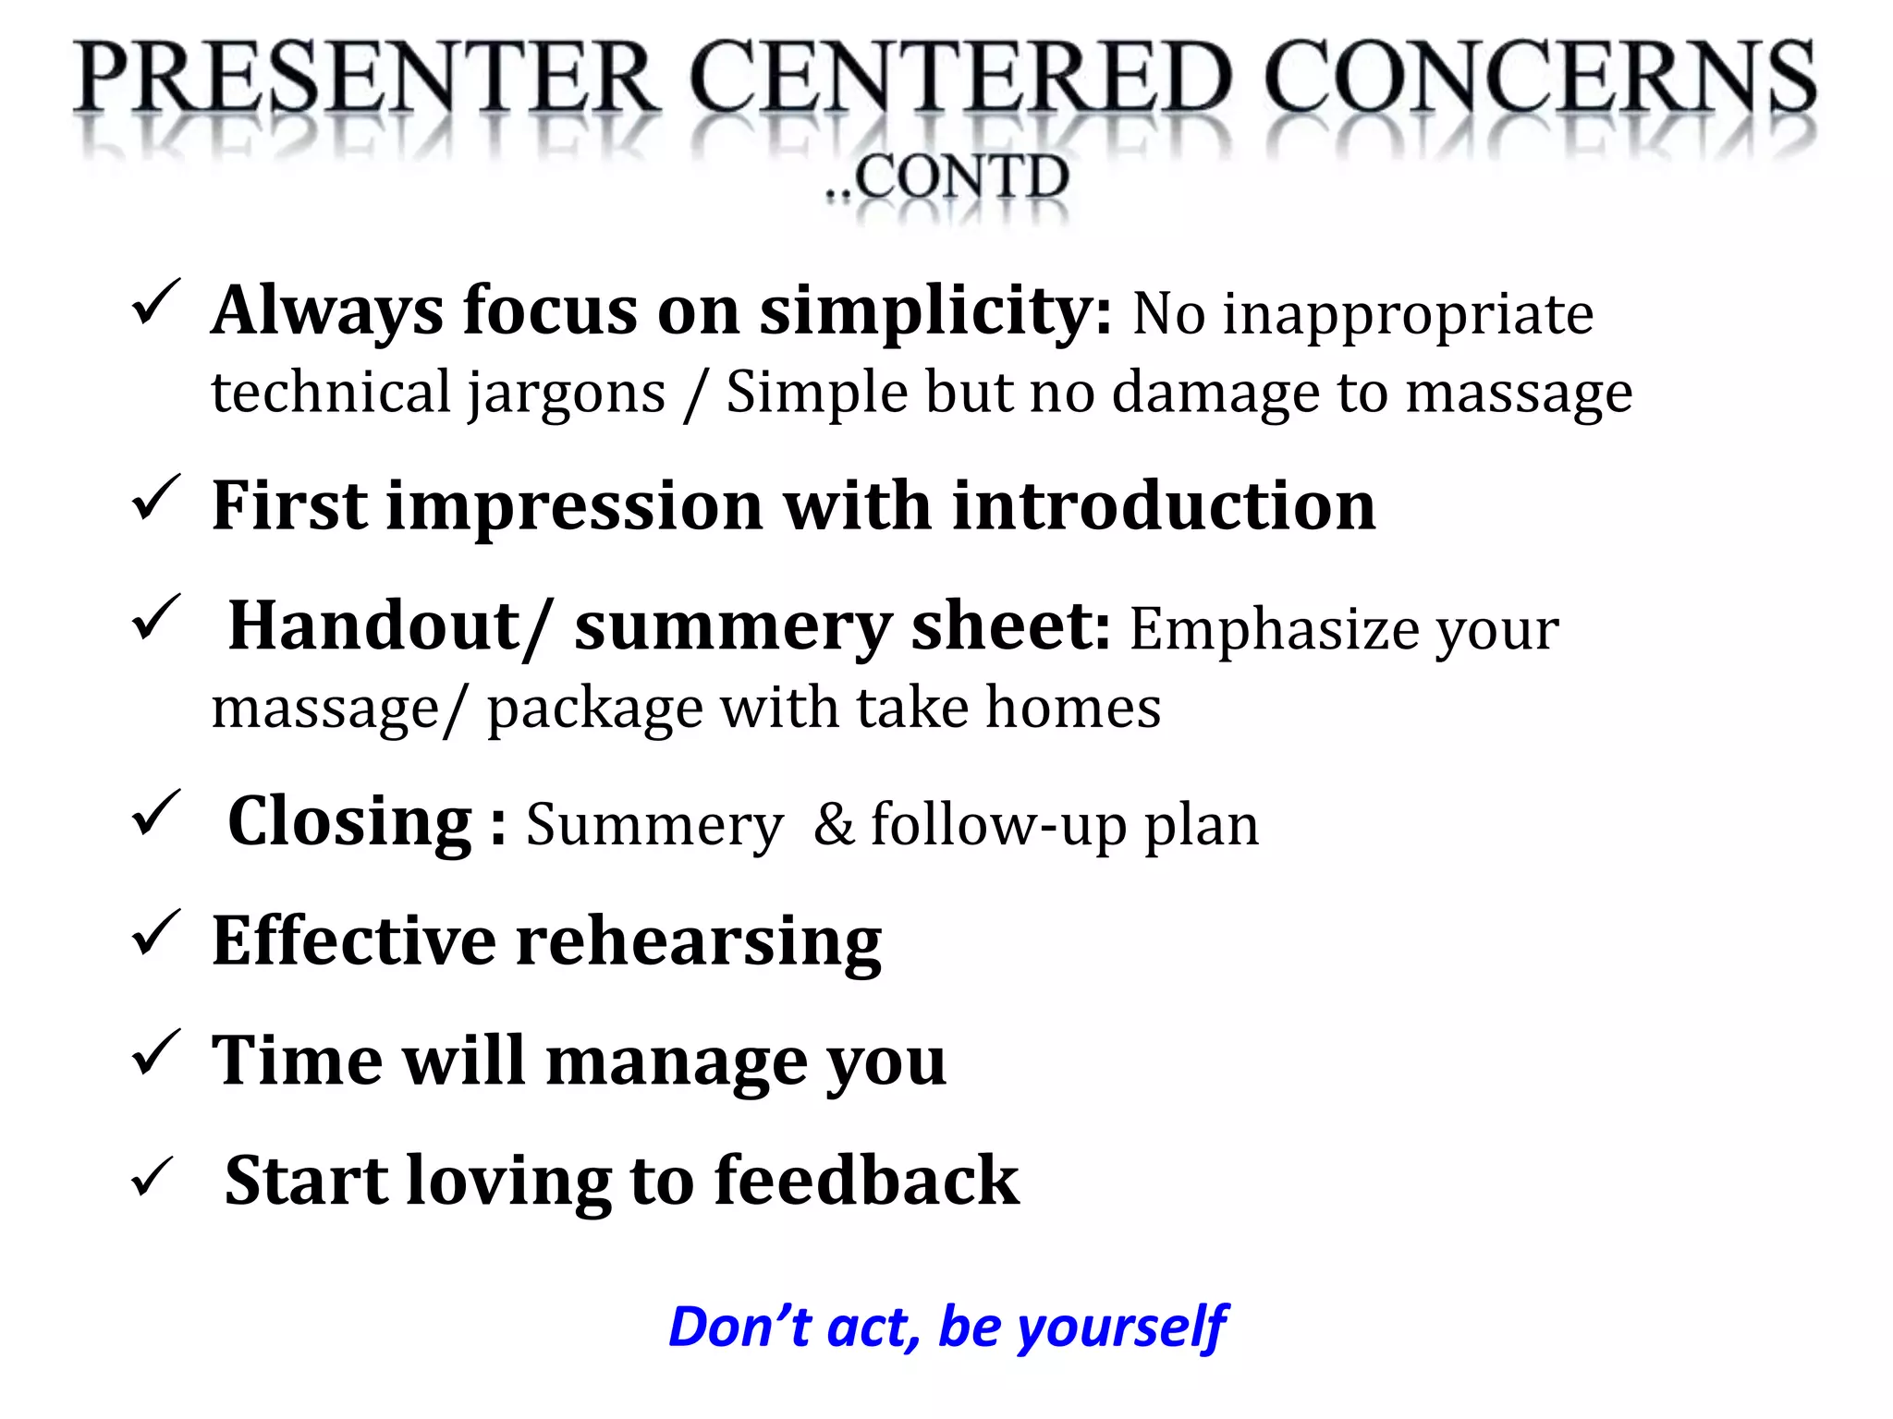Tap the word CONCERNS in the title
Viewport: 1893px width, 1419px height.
1539,79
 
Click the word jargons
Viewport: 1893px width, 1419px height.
566,394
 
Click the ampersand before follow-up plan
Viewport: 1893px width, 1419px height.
834,825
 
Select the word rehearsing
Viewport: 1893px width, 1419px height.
698,943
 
